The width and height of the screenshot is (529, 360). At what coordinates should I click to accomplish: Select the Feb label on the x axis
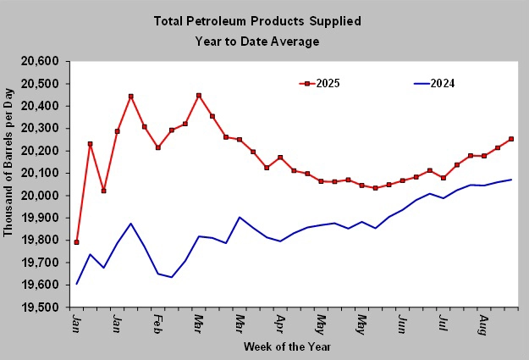157,323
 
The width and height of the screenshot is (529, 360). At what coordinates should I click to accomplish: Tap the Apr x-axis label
279,323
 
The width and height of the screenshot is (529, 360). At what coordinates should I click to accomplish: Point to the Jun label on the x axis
402,323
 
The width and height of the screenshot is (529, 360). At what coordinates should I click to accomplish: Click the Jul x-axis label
443,323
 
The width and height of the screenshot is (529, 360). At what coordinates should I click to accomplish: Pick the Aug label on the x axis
483,323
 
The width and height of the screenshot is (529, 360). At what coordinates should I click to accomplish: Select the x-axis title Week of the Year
286,346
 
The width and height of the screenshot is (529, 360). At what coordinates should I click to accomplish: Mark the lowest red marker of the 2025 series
76,242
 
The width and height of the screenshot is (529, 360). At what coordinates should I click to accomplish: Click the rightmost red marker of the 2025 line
511,139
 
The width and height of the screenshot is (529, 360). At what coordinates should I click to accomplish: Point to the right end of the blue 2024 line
511,180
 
